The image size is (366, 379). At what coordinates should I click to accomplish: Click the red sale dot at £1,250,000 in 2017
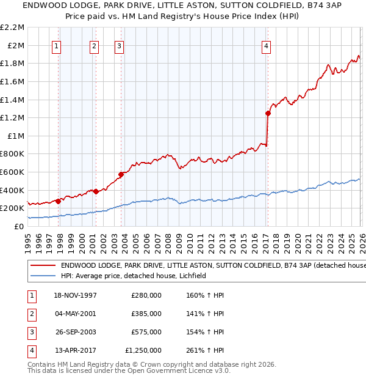pyautogui.click(x=268, y=113)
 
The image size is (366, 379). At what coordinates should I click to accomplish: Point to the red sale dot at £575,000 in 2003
pyautogui.click(x=121, y=174)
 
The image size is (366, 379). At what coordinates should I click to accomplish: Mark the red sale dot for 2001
pyautogui.click(x=96, y=191)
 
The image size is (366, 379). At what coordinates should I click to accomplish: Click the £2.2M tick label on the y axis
pyautogui.click(x=13, y=28)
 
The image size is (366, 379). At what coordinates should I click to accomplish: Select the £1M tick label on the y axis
pyautogui.click(x=16, y=136)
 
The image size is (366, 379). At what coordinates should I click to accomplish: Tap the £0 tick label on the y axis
pyautogui.click(x=20, y=226)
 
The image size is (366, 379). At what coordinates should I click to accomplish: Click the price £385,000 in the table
pyautogui.click(x=146, y=314)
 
